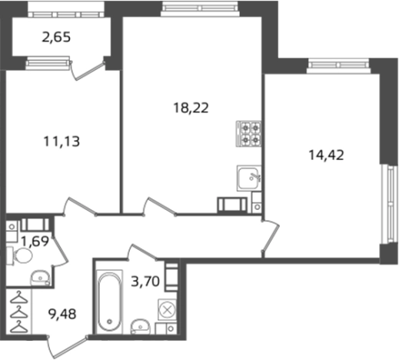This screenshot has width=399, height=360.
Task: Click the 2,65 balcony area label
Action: click(x=56, y=37)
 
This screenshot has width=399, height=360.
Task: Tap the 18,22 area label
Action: click(x=191, y=108)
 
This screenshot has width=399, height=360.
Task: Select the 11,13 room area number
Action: click(x=62, y=142)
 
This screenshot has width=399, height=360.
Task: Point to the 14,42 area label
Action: click(x=326, y=155)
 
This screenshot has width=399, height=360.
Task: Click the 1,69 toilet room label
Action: click(x=35, y=241)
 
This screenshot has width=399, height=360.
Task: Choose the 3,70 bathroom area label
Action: click(x=145, y=282)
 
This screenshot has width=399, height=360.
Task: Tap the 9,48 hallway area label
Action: click(x=62, y=314)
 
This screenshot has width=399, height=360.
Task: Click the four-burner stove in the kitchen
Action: click(x=248, y=134)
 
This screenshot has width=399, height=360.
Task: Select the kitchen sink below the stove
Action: click(x=249, y=178)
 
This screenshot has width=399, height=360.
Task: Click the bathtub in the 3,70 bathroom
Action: click(x=110, y=302)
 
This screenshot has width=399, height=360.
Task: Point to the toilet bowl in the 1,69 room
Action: click(x=20, y=255)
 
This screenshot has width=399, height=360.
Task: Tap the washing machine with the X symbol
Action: click(x=167, y=310)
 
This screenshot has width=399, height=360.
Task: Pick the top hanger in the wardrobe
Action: click(x=18, y=298)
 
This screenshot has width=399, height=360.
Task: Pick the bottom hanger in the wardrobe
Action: click(x=18, y=327)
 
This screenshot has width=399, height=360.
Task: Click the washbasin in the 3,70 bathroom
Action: click(x=140, y=327)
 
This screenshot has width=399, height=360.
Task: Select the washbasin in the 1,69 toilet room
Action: click(x=40, y=278)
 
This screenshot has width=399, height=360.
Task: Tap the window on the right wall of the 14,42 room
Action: click(x=389, y=204)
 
